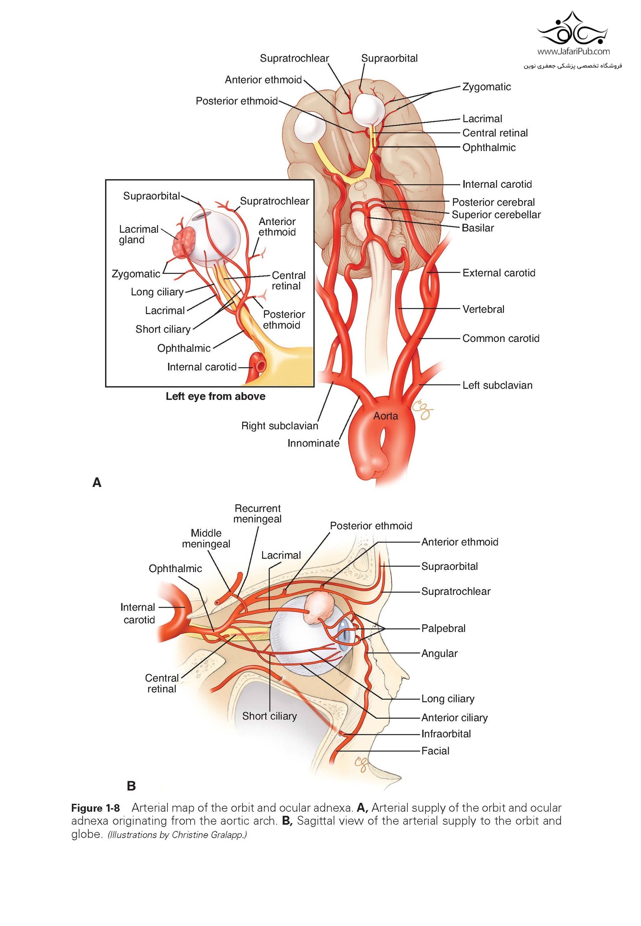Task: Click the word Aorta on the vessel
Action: [x=386, y=416]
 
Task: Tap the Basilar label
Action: [x=478, y=228]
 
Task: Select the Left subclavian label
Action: [x=497, y=385]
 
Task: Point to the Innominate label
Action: [x=313, y=443]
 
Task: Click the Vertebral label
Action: [x=483, y=309]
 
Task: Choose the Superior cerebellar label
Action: [x=496, y=215]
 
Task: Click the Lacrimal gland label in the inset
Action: [x=139, y=234]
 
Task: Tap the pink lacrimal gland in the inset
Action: [x=183, y=242]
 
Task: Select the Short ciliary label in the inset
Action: [x=163, y=329]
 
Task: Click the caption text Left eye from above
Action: [x=216, y=396]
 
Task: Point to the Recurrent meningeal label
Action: [x=257, y=514]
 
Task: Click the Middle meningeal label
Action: [x=206, y=539]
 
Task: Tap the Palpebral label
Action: [x=443, y=629]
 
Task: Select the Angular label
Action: [x=439, y=653]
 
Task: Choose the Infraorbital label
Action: [x=446, y=734]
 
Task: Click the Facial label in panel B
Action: [x=436, y=751]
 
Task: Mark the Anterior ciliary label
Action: [x=454, y=718]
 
